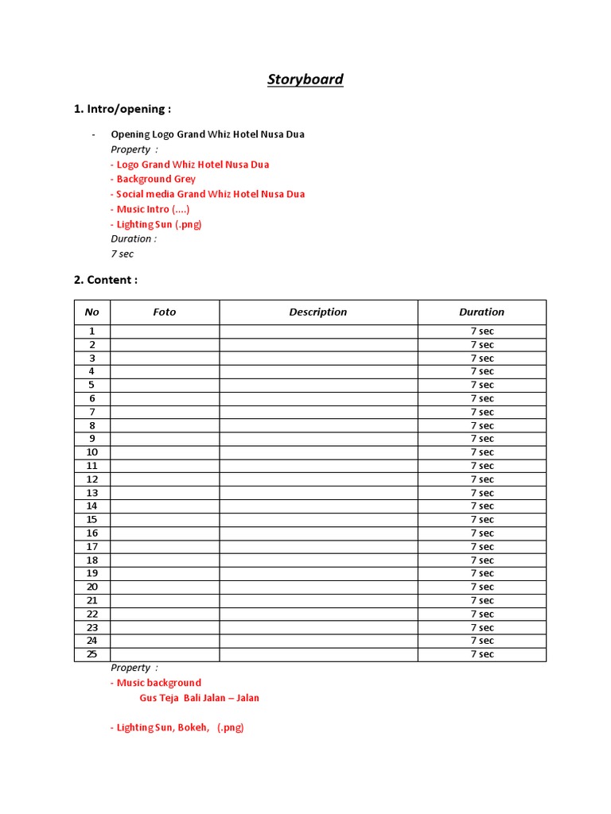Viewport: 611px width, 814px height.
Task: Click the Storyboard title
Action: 305,79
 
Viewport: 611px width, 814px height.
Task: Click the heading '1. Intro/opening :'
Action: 123,109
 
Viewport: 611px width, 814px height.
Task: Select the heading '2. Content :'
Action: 106,280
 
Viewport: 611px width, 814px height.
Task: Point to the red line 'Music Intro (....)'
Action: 150,209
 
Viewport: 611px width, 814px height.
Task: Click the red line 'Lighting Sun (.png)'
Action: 156,224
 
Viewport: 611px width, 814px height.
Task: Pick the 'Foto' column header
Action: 165,312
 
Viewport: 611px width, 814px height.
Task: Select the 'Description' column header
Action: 318,312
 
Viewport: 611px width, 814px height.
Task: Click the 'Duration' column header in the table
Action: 481,312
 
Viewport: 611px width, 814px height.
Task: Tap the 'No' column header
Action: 92,312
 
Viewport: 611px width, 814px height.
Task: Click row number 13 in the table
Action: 92,493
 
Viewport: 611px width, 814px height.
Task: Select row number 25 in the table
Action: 92,654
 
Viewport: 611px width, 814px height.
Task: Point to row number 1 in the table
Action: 92,331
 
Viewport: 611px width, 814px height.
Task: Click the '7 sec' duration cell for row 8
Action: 481,425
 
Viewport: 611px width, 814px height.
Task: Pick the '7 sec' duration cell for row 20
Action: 481,587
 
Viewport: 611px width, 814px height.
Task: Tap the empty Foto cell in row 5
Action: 165,385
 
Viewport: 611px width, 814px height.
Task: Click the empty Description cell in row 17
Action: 318,547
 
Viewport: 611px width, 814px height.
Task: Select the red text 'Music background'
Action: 156,683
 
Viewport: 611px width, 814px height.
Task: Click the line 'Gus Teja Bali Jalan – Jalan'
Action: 200,698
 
